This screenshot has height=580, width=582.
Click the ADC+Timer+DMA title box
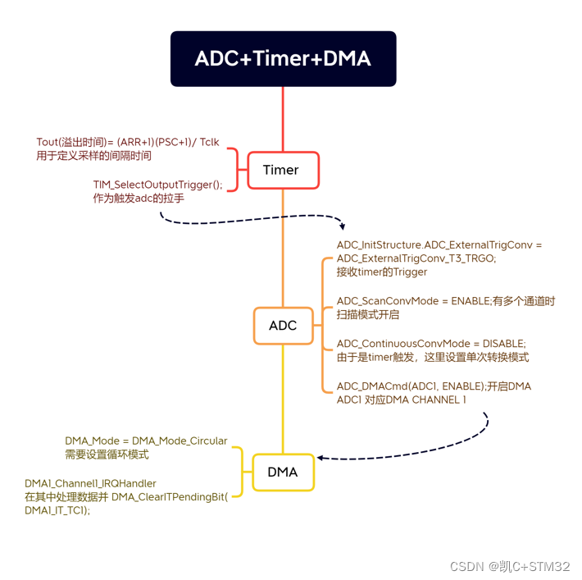pos(283,59)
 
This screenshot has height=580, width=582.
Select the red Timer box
pos(282,171)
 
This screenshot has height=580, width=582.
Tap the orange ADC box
pos(283,326)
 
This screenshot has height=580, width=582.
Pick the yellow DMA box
pos(283,472)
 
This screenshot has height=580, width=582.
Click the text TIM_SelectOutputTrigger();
pos(157,185)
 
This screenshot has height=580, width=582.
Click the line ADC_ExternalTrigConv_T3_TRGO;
pos(416,258)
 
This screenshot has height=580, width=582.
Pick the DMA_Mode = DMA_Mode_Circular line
pos(146,441)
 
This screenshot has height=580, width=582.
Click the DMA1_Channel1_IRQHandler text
pos(90,483)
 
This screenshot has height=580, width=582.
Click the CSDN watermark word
pos(466,566)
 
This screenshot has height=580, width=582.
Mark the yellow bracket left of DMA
pos(238,472)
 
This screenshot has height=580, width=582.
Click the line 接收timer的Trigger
pos(382,272)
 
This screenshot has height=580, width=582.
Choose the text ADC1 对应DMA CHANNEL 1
pos(402,400)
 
